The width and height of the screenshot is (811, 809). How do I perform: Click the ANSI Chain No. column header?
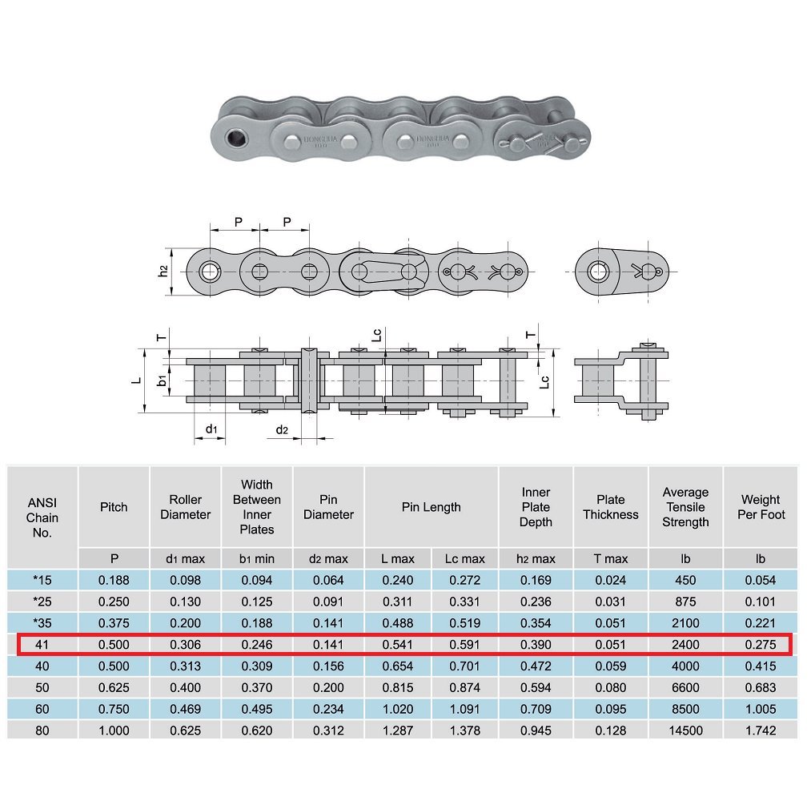[x=42, y=517]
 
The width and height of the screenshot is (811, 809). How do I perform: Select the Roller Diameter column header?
[x=185, y=507]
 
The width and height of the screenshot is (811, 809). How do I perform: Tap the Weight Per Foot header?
[x=761, y=507]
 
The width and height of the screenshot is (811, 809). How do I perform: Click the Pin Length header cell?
[x=431, y=507]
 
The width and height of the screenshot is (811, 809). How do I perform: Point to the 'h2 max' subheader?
[x=536, y=558]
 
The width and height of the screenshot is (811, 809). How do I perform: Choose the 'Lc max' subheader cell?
[x=465, y=558]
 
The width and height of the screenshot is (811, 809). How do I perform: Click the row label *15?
[x=42, y=580]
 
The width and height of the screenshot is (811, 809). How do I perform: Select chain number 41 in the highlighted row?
[x=42, y=645]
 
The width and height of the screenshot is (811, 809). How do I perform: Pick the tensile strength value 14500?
[x=685, y=731]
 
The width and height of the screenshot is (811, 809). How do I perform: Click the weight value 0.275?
[x=761, y=645]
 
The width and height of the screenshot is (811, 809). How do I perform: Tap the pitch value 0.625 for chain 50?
[x=114, y=687]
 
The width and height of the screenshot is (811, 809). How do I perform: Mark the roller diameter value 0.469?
[x=185, y=709]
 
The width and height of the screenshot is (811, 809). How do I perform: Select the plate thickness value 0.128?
[x=610, y=731]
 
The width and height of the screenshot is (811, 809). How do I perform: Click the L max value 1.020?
[x=398, y=709]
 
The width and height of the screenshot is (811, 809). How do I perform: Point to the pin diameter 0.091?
[x=328, y=602]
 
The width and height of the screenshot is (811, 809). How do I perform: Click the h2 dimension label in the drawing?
[x=163, y=272]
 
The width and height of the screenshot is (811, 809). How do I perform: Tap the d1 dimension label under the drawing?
[x=211, y=429]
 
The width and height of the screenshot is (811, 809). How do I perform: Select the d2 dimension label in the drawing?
[x=282, y=430]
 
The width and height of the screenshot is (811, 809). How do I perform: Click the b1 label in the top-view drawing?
[x=163, y=380]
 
